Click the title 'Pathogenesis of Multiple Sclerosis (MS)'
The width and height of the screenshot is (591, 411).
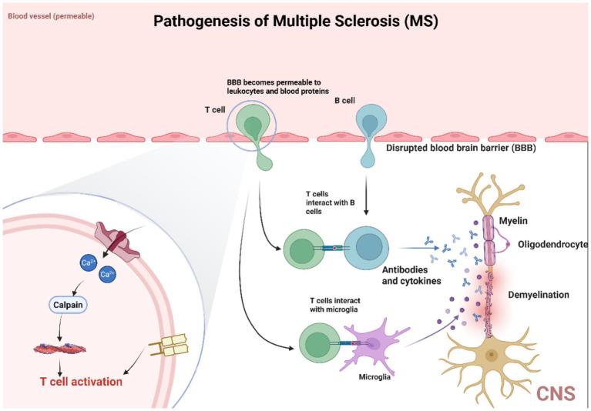296,20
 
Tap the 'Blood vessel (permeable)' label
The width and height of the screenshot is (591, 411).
51,15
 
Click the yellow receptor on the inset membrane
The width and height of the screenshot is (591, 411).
169,349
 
